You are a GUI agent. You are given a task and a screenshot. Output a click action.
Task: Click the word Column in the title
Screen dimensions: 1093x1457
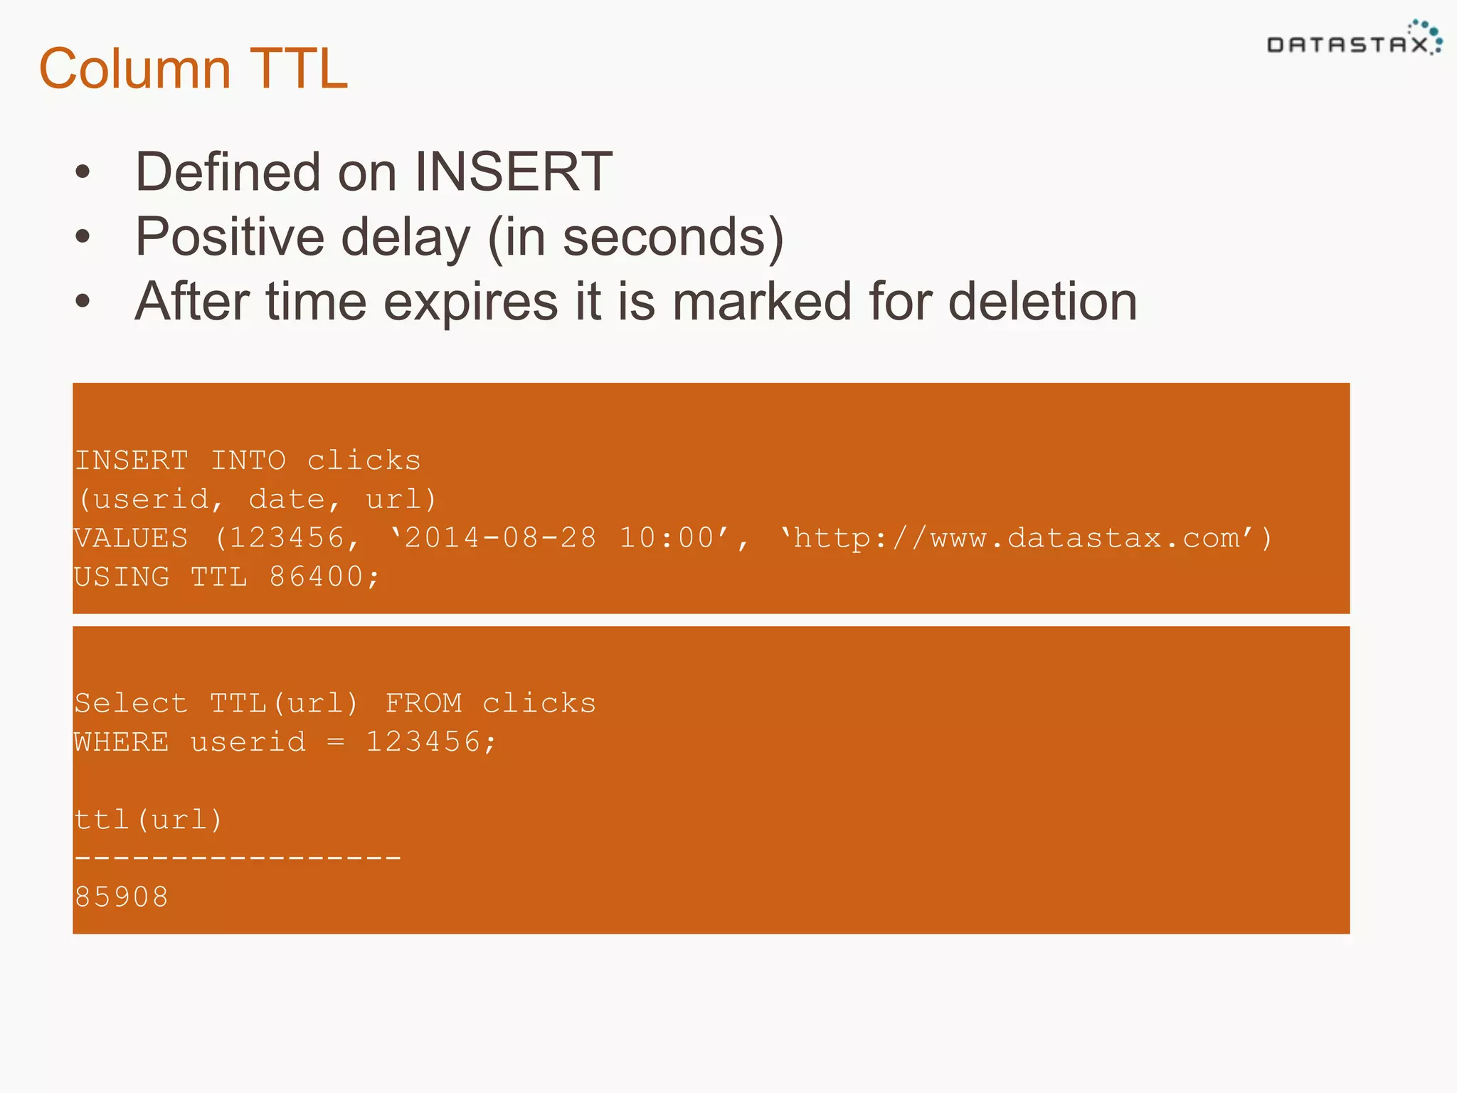click(134, 69)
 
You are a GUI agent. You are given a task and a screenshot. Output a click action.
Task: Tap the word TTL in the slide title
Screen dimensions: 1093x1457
click(299, 69)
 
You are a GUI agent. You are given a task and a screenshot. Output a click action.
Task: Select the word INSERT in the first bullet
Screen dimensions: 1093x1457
click(513, 172)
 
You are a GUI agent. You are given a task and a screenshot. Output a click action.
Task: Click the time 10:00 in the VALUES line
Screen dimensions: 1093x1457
click(667, 539)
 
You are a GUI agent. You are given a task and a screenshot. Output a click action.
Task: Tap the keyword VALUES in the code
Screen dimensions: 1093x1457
click(131, 539)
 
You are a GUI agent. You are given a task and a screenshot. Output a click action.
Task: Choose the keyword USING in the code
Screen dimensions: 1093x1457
click(122, 577)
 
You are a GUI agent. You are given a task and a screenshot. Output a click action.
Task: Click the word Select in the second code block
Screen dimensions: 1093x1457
click(131, 704)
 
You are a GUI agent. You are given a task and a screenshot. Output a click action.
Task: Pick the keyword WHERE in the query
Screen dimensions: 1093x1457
click(122, 742)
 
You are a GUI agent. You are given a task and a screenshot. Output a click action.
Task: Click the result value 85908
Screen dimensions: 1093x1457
click(122, 897)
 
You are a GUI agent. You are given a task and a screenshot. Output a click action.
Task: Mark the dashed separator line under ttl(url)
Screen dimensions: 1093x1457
click(238, 858)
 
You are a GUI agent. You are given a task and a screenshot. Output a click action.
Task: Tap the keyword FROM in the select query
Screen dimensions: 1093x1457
click(423, 704)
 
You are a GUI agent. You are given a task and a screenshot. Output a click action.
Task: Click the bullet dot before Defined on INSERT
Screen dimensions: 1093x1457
click(83, 172)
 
